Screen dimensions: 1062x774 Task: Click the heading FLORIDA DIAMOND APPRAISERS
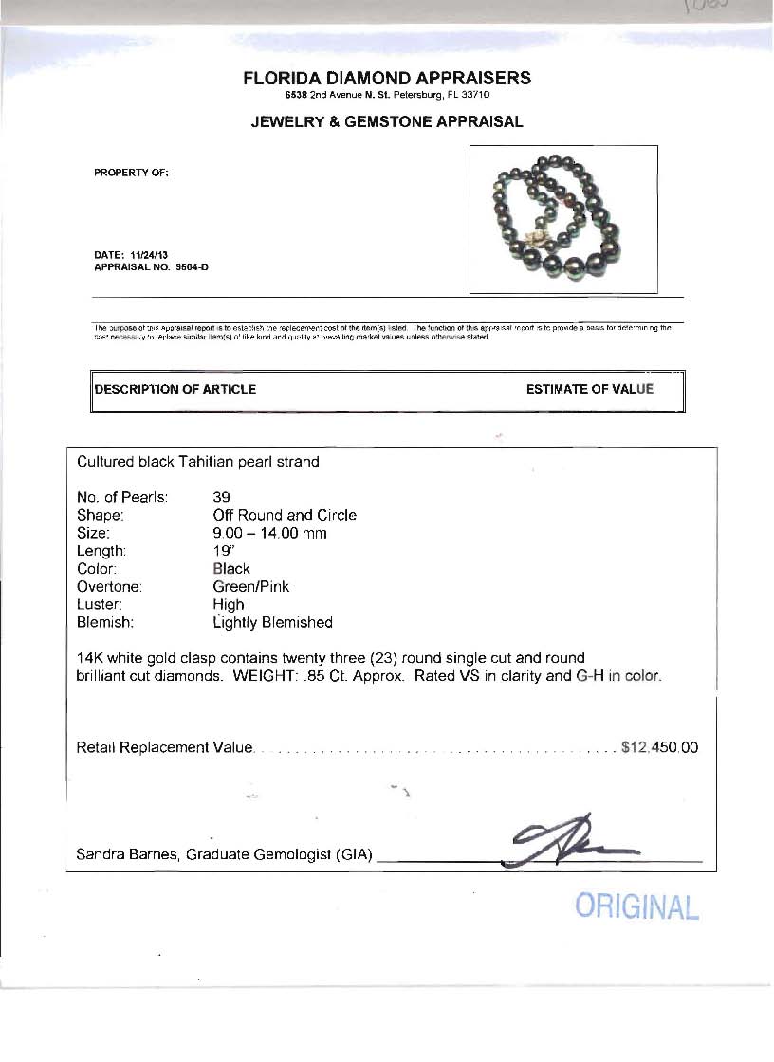[x=387, y=79]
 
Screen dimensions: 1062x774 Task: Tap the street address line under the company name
[x=387, y=96]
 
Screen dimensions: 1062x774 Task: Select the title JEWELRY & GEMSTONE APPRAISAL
[x=387, y=122]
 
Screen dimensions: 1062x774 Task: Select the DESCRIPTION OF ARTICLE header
[x=175, y=389]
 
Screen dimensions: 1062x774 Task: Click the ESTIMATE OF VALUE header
[x=590, y=389]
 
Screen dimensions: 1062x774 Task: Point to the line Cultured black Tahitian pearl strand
[x=198, y=462]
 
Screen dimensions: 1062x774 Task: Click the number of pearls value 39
[x=222, y=497]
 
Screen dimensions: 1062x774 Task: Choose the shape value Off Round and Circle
[x=285, y=515]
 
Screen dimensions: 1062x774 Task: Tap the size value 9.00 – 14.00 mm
[x=269, y=533]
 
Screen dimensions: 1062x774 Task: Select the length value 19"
[x=222, y=551]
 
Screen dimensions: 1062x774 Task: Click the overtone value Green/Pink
[x=251, y=587]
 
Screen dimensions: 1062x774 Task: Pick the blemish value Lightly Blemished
[x=273, y=623]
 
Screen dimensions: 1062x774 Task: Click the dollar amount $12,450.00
[x=659, y=747]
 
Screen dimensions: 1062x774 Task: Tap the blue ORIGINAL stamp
[x=636, y=906]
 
